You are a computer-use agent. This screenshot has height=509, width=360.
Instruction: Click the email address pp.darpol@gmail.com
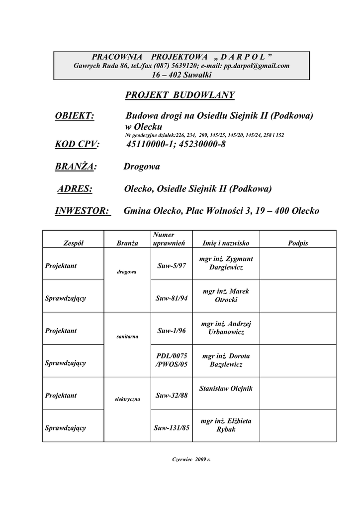257,66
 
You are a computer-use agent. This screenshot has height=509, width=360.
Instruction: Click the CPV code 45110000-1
149,144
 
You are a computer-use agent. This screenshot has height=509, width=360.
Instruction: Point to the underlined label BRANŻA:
76,167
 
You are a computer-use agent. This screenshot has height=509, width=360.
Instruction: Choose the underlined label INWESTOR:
82,211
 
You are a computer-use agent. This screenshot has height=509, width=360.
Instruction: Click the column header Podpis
298,243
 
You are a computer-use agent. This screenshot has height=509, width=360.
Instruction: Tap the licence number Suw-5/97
171,266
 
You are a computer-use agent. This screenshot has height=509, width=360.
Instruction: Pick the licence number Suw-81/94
171,298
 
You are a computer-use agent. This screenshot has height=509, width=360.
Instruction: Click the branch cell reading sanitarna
127,337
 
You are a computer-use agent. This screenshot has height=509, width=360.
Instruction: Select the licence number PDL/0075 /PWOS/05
171,360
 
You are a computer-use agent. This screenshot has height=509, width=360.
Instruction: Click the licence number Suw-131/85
171,427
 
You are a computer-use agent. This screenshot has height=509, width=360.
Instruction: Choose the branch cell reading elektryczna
127,399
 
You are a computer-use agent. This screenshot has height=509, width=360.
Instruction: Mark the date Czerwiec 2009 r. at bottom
191,459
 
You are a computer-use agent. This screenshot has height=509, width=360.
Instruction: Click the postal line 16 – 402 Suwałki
181,75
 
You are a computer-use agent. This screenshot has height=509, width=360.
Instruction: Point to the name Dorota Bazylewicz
226,360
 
